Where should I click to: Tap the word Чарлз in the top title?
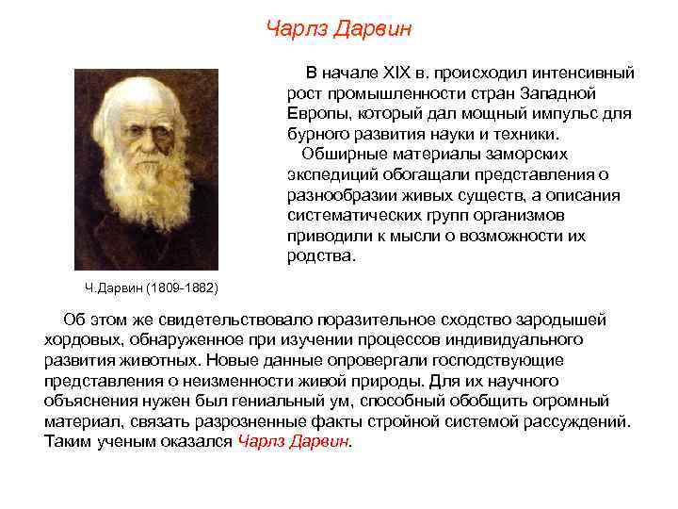297,29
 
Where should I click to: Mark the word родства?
320,256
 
